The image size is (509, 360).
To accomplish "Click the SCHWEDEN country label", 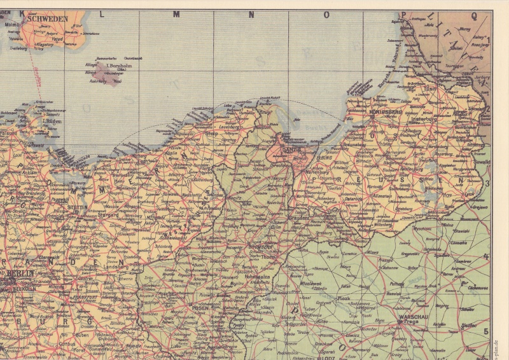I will pos(48,19).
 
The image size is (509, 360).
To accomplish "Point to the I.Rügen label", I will pos(52,120).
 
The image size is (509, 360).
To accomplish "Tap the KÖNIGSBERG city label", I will pos(385,113).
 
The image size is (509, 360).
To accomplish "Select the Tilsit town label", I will pos(431,88).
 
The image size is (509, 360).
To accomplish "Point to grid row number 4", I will pos(487,257).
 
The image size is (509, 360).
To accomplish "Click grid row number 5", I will pos(487,331).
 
